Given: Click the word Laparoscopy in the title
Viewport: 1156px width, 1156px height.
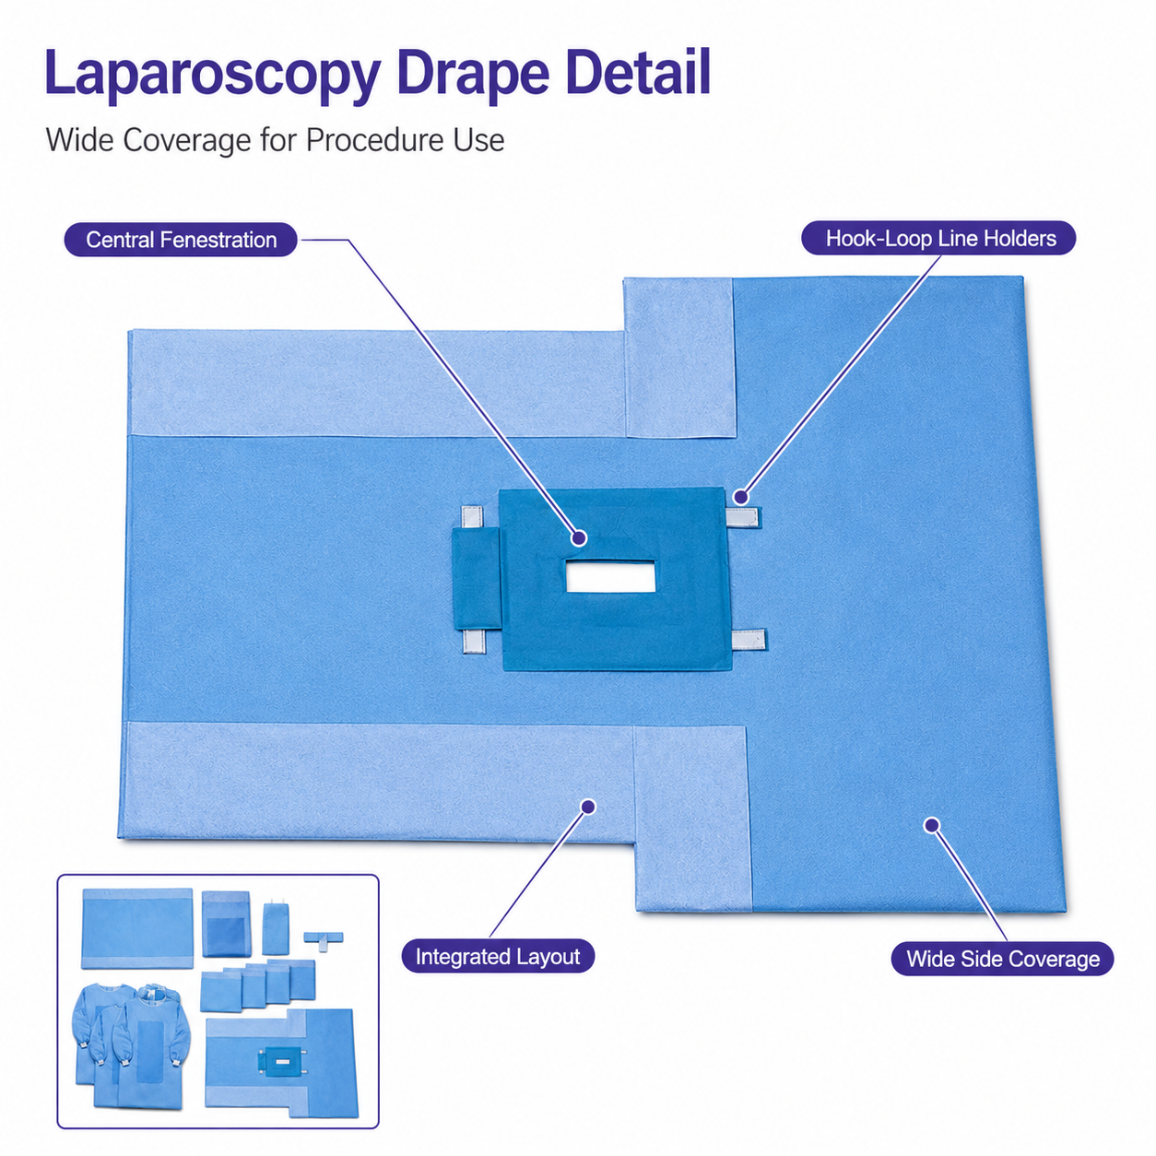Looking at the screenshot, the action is [212, 76].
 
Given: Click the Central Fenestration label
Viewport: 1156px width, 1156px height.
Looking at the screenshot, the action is [181, 240].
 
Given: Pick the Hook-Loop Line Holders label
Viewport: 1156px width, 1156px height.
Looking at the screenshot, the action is [939, 238].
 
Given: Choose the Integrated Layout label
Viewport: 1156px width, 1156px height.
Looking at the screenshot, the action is [497, 956].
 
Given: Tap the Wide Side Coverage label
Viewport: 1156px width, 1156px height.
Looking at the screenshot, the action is [1002, 959].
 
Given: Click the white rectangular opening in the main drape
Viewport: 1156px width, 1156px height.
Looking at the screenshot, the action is [610, 576].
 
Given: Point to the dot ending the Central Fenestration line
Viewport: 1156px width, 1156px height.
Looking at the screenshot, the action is [579, 537].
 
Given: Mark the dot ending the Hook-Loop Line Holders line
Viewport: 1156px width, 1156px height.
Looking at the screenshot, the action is [741, 497].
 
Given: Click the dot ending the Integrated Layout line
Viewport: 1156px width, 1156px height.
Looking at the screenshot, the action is [588, 807].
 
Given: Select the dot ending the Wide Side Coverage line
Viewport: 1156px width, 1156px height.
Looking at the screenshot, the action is [932, 825].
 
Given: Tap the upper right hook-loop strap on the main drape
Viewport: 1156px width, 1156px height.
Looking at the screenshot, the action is [743, 517].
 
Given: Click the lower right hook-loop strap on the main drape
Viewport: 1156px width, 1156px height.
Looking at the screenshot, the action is [749, 641].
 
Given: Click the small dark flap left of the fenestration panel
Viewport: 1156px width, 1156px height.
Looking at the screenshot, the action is [476, 579].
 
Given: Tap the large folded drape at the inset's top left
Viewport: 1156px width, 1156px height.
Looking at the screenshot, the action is [137, 928].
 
